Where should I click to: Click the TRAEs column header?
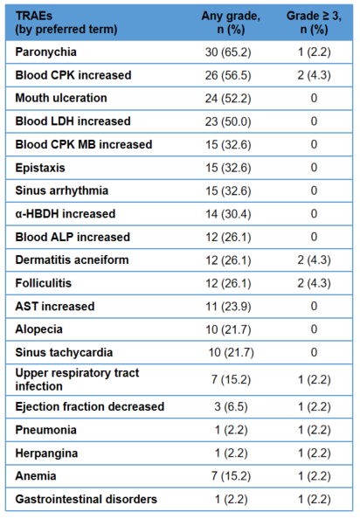pos(66,23)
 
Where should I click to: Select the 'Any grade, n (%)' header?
pos(231,23)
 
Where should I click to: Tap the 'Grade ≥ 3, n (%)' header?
pos(314,23)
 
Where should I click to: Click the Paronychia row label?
pos(46,52)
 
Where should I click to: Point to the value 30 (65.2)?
pos(228,52)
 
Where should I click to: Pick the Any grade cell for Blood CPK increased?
pos(228,75)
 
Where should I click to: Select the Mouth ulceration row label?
pos(61,98)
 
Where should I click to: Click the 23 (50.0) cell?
pos(228,121)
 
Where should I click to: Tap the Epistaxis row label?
pos(40,168)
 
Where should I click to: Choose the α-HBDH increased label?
pos(66,214)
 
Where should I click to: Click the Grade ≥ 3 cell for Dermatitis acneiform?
pos(314,260)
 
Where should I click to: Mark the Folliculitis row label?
pos(44,283)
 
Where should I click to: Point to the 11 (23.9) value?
pos(228,307)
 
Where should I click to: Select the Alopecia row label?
pos(38,329)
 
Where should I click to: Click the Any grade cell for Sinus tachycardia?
pos(231,352)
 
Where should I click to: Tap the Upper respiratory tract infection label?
pos(77,379)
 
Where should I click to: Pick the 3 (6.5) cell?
pos(231,406)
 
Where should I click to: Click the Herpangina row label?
pos(46,453)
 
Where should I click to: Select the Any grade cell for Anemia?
pos(231,476)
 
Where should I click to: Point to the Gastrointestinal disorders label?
pos(86,499)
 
